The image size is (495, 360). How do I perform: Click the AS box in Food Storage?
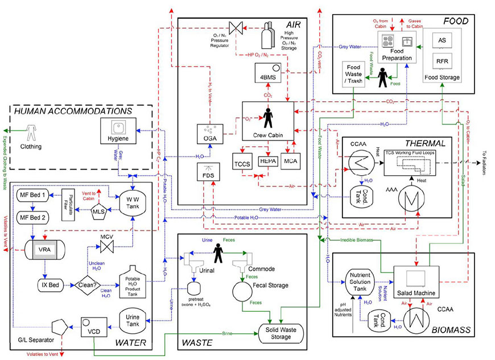(442, 40)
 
